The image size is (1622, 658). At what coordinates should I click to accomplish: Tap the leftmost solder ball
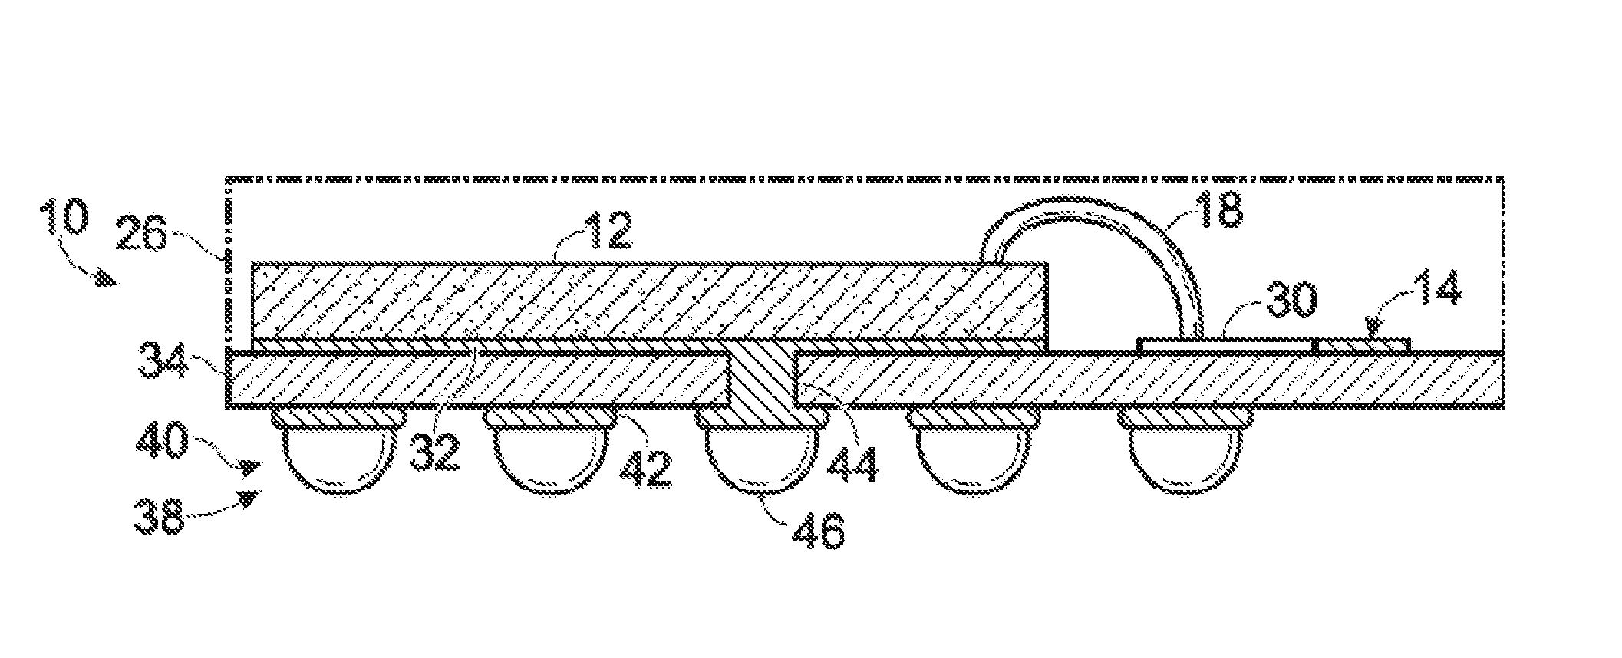(x=338, y=458)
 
